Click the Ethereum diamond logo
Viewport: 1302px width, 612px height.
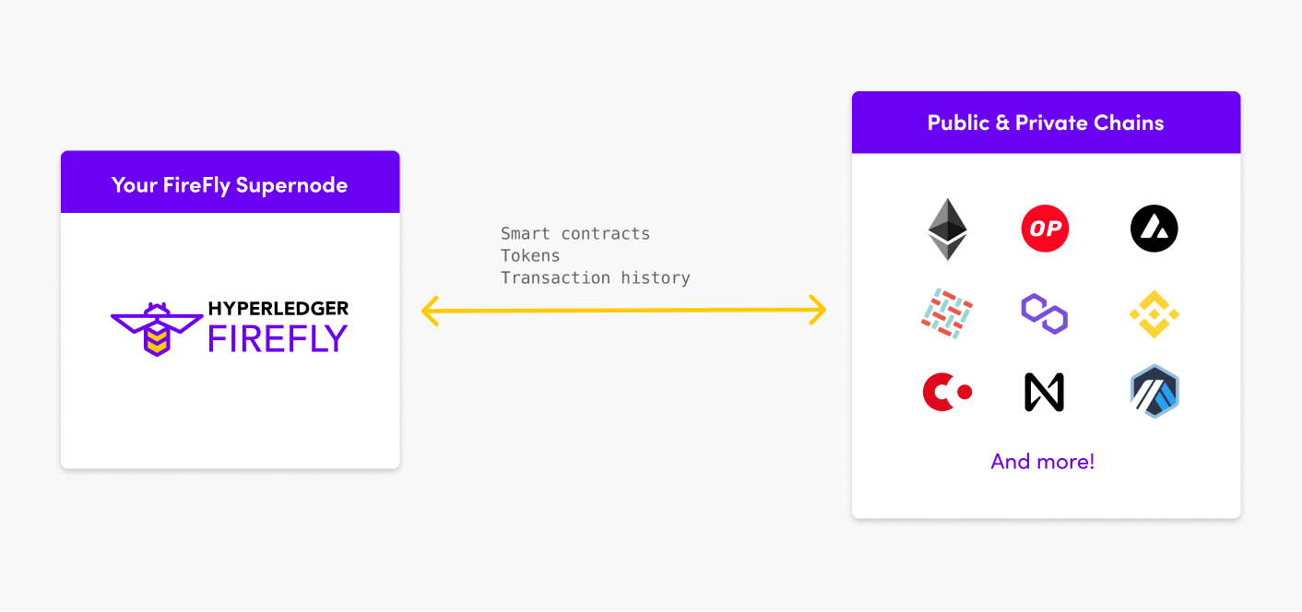click(x=947, y=229)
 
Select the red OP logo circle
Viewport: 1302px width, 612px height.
click(x=1045, y=229)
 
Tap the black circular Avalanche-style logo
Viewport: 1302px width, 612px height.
click(x=1154, y=229)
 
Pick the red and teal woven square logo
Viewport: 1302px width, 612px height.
click(x=947, y=313)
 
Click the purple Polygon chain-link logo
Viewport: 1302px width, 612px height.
click(x=1045, y=314)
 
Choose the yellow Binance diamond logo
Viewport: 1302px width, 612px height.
click(x=1154, y=314)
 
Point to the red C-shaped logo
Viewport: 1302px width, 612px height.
click(x=947, y=392)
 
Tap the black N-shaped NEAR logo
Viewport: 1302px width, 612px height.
click(x=1044, y=392)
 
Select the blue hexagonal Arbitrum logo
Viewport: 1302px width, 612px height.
click(x=1154, y=391)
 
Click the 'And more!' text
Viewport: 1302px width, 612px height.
click(x=1043, y=462)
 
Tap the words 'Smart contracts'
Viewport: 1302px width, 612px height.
click(x=575, y=233)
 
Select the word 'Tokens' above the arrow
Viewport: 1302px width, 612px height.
click(x=530, y=255)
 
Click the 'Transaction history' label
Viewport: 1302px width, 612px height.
click(x=595, y=277)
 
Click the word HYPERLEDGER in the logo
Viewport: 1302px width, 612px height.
click(x=278, y=309)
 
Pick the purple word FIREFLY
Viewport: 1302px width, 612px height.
click(x=278, y=339)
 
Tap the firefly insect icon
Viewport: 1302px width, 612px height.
click(x=157, y=329)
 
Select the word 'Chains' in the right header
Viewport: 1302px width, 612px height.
click(x=1129, y=123)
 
